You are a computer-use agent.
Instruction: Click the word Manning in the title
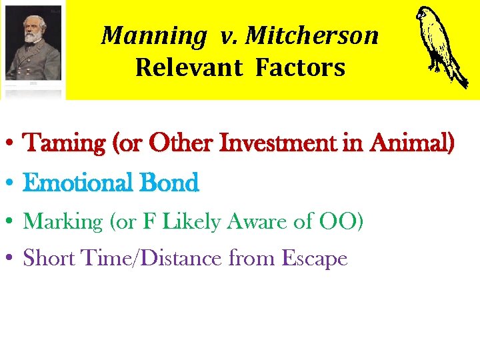[x=153, y=36]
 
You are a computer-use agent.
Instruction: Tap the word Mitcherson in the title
[x=312, y=36]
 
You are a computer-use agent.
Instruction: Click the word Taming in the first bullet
[x=62, y=143]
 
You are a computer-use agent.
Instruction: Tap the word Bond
[x=169, y=183]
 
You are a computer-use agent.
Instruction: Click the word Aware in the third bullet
[x=256, y=222]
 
